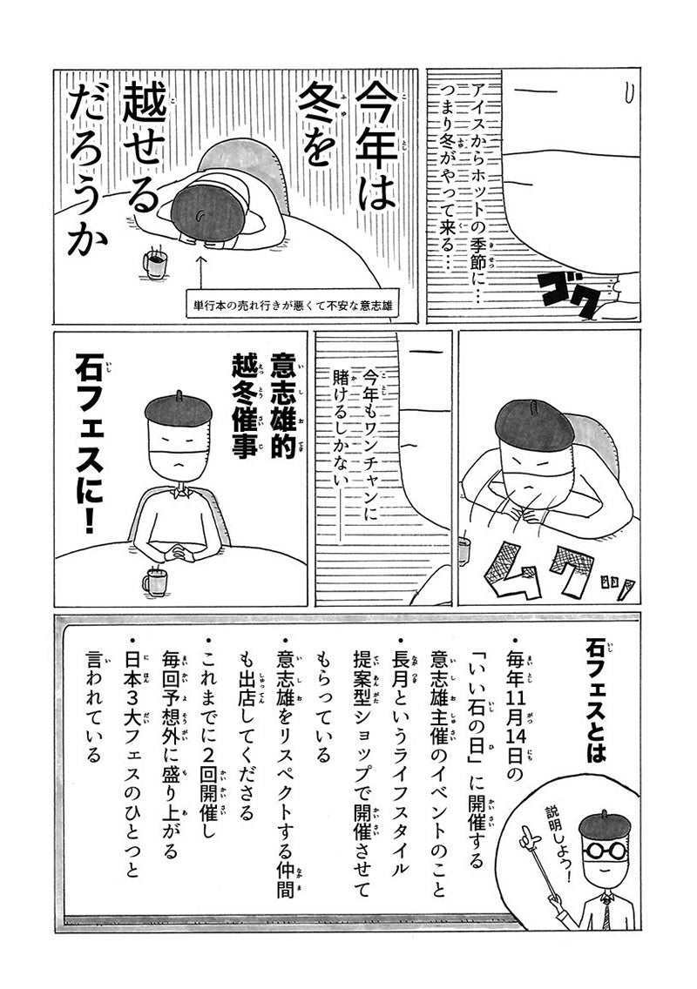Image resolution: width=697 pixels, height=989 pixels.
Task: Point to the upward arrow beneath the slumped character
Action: click(201, 273)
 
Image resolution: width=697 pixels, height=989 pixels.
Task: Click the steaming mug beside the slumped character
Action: click(155, 261)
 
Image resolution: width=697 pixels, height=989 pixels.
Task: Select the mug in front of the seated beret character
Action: click(155, 581)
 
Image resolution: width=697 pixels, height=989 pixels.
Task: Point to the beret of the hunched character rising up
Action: click(534, 423)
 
